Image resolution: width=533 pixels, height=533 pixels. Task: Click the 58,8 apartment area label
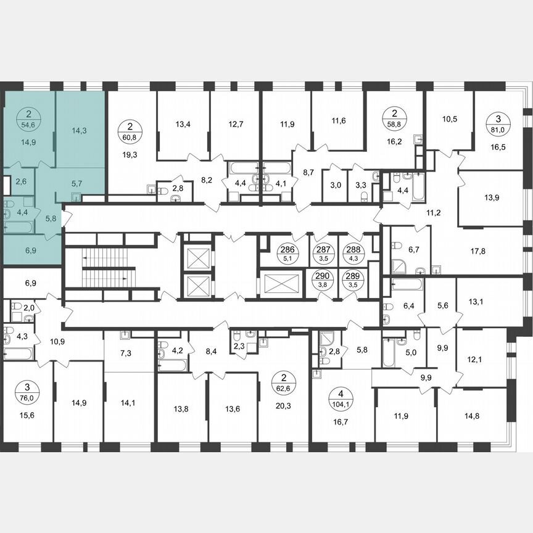[x=394, y=122]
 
